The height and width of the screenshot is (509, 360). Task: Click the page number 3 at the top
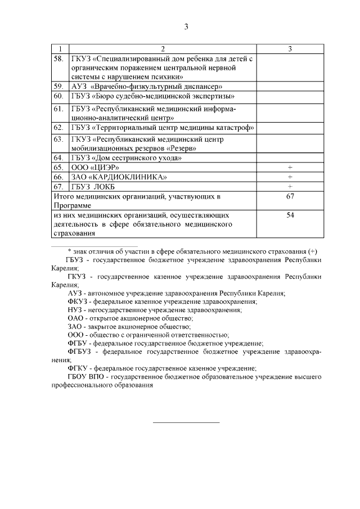coord(186,26)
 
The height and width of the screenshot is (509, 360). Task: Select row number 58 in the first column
coord(58,58)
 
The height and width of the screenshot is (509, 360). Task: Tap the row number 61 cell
coord(58,109)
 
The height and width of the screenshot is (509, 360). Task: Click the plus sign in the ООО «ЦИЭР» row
coord(290,168)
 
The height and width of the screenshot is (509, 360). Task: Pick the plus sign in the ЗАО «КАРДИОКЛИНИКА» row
coord(290,177)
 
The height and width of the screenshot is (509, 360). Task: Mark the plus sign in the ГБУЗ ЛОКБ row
coord(290,187)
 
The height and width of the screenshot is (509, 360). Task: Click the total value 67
coord(290,196)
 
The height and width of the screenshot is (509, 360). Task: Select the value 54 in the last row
coord(290,215)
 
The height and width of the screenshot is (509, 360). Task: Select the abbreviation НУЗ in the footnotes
coord(75,310)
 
